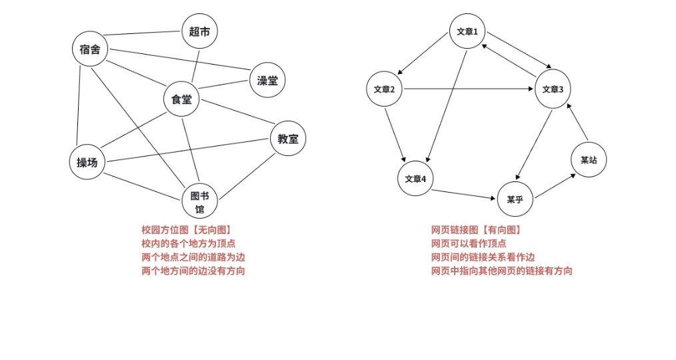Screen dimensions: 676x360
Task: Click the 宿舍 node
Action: point(89,49)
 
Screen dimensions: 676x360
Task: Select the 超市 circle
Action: point(199,31)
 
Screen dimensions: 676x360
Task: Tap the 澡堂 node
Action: point(267,81)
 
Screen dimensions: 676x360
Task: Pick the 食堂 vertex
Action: point(181,99)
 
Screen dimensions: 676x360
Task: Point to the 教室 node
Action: point(288,139)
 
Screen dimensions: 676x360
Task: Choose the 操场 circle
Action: point(87,162)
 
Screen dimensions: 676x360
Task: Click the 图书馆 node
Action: point(199,201)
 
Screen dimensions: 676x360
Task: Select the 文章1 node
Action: point(467,31)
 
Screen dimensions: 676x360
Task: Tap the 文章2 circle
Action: point(384,89)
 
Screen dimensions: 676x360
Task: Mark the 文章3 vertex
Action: point(553,89)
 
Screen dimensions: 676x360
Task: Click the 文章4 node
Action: point(415,179)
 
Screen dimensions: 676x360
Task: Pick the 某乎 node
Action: point(515,199)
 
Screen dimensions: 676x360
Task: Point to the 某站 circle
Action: point(589,160)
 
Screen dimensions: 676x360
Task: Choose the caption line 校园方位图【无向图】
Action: point(187,230)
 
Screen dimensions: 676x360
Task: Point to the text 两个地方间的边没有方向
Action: point(193,271)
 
